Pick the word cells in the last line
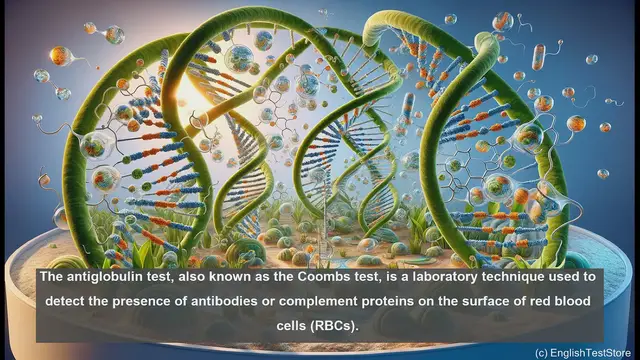(x=284, y=326)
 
